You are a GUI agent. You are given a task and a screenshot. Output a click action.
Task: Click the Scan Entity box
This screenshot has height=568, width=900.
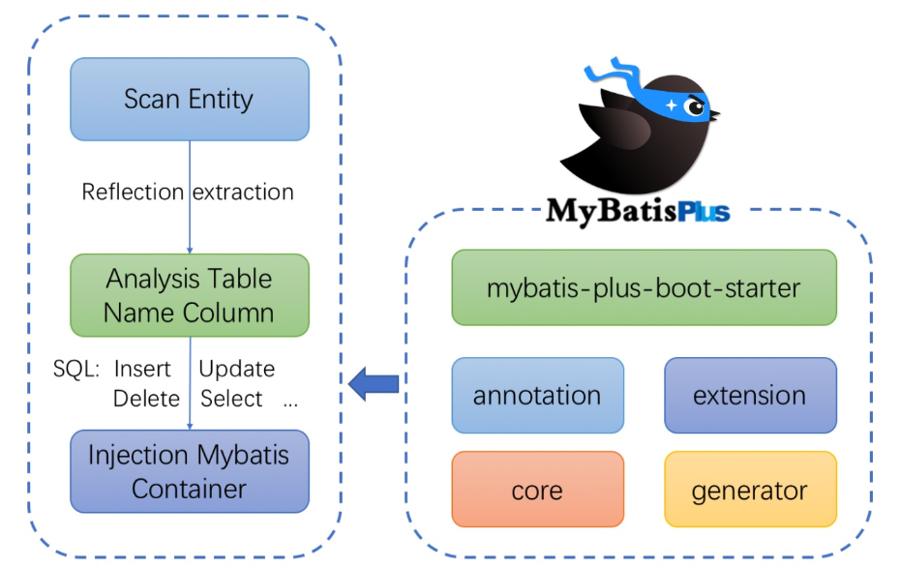click(189, 99)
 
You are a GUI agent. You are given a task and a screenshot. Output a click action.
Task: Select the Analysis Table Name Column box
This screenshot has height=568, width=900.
click(189, 295)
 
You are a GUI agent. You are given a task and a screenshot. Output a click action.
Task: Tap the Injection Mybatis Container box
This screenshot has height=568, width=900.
click(189, 471)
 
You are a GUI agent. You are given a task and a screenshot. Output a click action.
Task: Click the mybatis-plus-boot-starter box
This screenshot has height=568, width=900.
click(644, 287)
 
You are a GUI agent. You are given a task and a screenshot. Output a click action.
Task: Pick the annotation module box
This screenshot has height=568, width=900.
click(537, 395)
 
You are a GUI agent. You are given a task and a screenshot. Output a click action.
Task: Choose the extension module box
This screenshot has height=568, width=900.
click(749, 395)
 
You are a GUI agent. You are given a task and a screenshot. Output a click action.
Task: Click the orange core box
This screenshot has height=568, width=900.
click(537, 490)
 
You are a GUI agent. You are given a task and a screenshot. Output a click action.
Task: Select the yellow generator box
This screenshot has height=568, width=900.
click(749, 490)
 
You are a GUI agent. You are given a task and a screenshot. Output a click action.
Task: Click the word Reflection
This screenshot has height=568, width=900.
click(133, 192)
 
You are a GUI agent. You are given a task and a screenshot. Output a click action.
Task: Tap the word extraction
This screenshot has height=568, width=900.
click(243, 192)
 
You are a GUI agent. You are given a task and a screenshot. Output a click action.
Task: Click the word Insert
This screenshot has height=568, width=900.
click(142, 369)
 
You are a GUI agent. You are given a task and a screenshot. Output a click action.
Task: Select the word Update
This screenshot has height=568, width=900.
click(236, 369)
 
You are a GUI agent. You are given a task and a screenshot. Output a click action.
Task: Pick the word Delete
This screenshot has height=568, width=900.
click(146, 399)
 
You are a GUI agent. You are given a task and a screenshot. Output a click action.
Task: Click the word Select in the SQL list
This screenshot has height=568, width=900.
click(231, 399)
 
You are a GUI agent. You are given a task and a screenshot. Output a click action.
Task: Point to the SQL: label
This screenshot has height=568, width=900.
click(76, 369)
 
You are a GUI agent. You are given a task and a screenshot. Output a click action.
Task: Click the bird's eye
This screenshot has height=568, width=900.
click(695, 105)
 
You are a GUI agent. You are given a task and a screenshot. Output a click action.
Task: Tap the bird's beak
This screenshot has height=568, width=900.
click(716, 115)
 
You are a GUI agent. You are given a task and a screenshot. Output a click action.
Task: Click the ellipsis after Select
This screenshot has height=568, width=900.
click(290, 402)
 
